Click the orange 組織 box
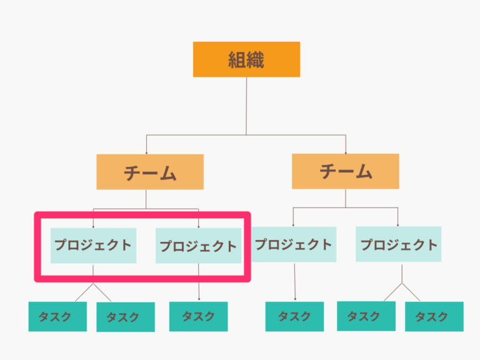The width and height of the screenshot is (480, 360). point(246,59)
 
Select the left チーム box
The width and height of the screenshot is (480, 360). point(150,172)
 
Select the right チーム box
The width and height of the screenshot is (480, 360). point(345,171)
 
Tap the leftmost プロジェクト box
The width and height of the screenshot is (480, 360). point(93,245)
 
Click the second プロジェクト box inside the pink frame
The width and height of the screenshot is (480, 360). point(198,246)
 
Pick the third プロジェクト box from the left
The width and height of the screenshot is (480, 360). point(294,244)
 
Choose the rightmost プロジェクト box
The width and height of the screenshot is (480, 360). point(399,244)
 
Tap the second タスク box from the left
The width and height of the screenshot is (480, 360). point(125,317)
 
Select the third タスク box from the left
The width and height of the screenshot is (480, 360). point(198,316)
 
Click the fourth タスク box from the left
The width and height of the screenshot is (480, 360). point(294,316)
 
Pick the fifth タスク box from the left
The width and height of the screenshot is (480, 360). point(366,316)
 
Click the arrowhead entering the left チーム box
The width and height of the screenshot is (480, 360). point(146,152)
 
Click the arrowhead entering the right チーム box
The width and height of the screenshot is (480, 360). point(345,152)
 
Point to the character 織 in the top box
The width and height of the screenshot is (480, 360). point(255,59)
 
